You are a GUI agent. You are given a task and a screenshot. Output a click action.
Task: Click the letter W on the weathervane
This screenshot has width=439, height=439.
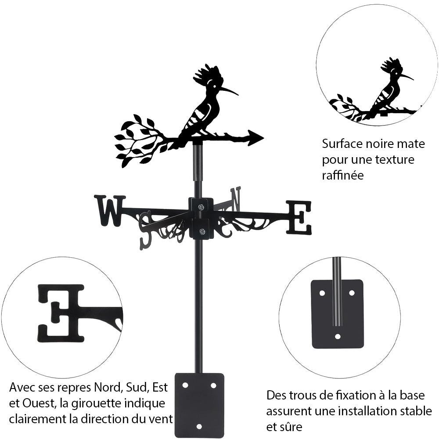click(109, 210)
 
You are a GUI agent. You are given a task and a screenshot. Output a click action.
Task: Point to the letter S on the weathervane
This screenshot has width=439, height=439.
click(145, 229)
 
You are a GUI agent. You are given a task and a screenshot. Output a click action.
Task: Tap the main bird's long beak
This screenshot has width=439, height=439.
click(229, 90)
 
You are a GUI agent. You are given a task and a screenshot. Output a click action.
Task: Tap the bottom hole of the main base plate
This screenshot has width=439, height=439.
click(199, 426)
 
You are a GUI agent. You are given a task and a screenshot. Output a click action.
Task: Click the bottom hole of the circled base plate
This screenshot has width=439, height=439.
click(337, 337)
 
